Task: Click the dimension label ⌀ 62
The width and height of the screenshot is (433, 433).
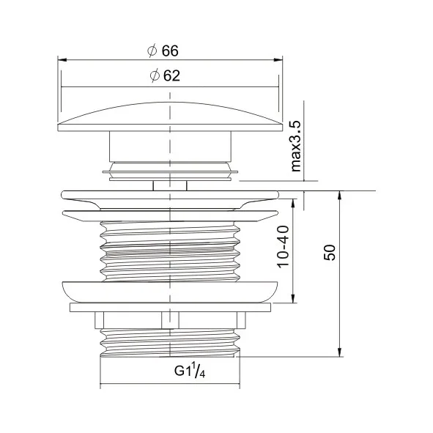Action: pos(163,75)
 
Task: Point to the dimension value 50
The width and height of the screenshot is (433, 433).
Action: pos(330,253)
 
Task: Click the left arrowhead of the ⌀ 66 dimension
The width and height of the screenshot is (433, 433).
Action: pos(62,61)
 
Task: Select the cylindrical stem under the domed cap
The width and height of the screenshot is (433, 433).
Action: pos(169,146)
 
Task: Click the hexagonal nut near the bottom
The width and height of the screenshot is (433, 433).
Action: pos(169,319)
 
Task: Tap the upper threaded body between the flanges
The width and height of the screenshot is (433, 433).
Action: pos(169,249)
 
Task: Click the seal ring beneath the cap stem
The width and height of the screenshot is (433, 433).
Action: pos(169,171)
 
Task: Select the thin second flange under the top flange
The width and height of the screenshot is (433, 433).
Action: pos(169,215)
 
